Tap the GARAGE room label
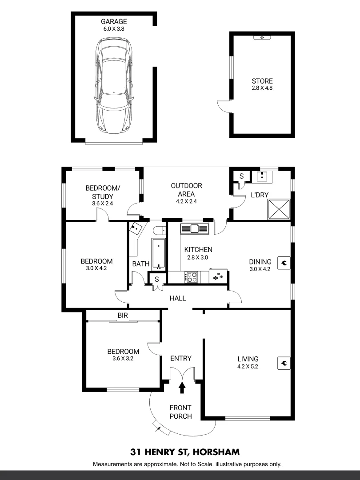click(x=114, y=21)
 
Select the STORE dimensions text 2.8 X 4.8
click(x=262, y=88)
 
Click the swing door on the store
click(x=224, y=106)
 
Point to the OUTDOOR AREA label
click(x=187, y=190)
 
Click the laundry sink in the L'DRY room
click(x=262, y=177)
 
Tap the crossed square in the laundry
click(x=278, y=209)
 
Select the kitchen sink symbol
click(x=194, y=228)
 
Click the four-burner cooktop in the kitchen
click(x=192, y=277)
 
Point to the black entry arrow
click(x=181, y=388)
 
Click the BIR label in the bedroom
click(x=123, y=315)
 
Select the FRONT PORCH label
click(x=181, y=412)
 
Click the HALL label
click(x=178, y=299)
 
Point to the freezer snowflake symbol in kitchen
click(x=218, y=277)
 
